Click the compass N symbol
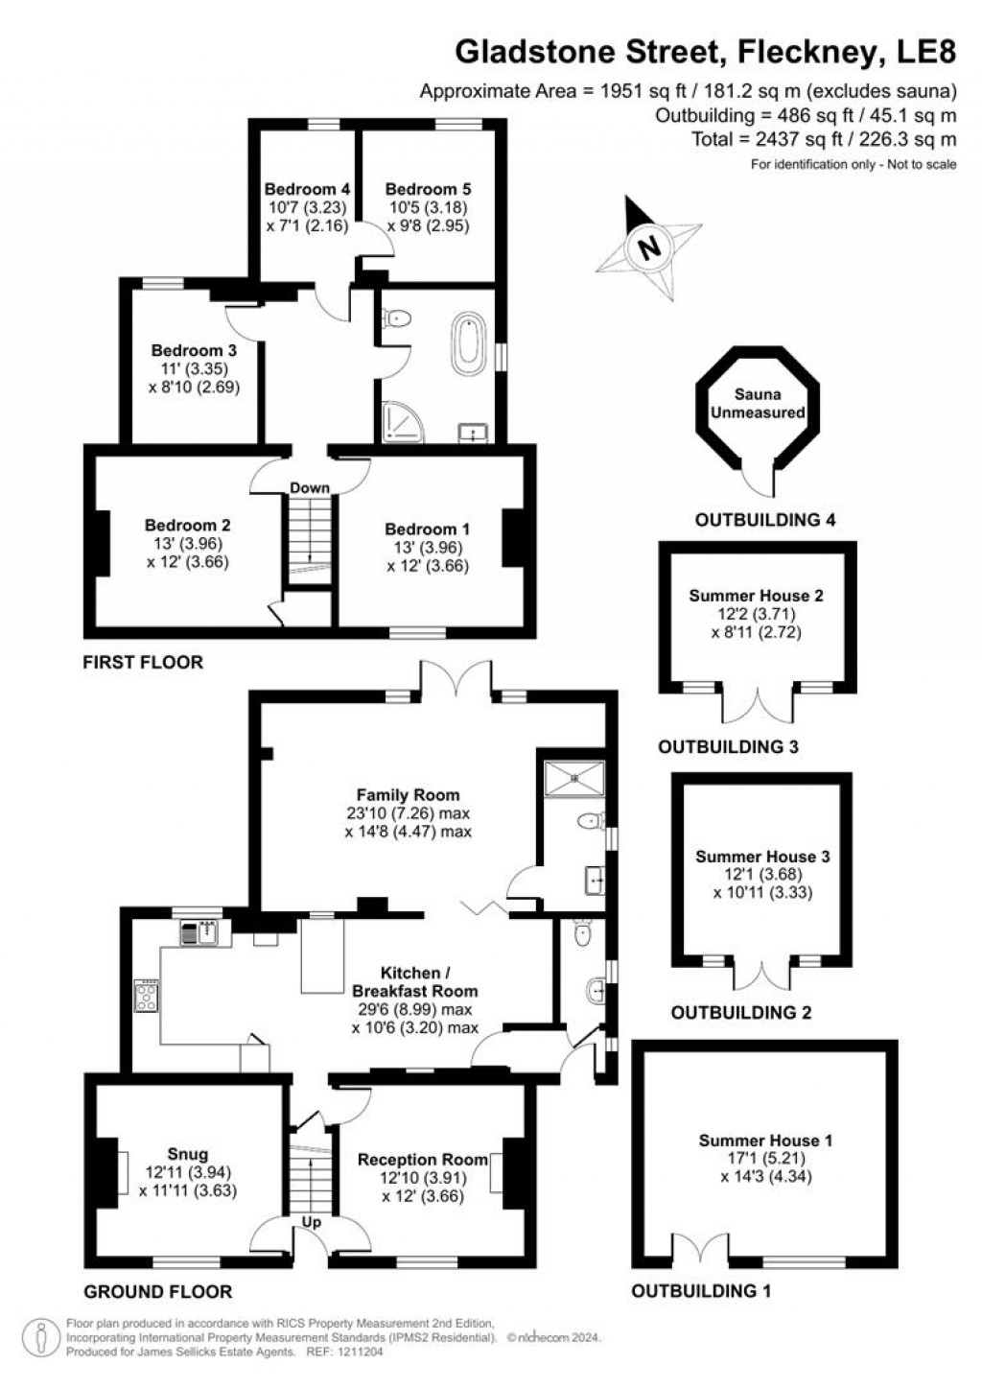click(649, 247)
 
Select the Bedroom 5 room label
click(428, 189)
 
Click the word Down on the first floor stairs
click(310, 488)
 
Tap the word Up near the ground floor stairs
click(312, 1223)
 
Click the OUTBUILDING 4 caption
click(765, 521)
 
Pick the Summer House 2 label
click(756, 596)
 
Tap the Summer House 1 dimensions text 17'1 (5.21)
click(765, 1158)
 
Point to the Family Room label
click(408, 794)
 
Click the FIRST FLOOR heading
click(143, 662)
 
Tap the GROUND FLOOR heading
click(157, 1291)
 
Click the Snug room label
click(187, 1154)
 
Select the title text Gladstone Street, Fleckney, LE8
click(705, 52)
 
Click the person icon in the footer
click(40, 1334)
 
